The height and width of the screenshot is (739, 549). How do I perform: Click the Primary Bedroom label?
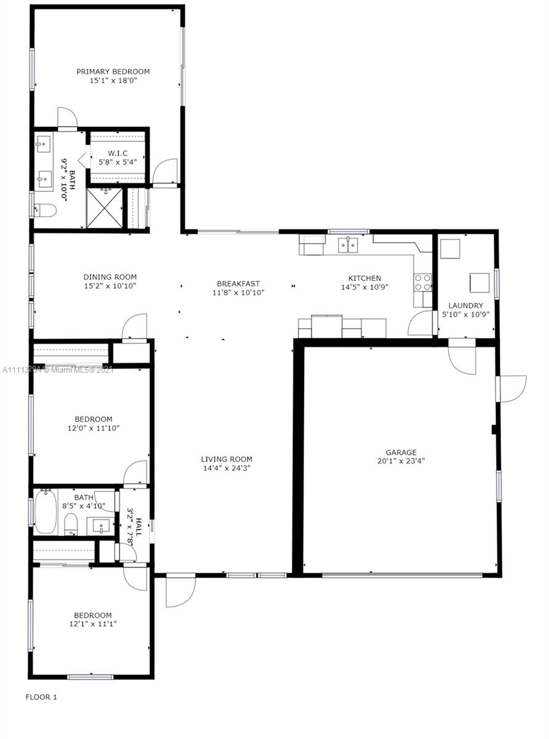point(113,71)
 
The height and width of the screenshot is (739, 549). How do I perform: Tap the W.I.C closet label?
point(118,153)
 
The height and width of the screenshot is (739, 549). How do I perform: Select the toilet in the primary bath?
point(46,210)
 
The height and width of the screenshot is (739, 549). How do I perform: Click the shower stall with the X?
point(105,208)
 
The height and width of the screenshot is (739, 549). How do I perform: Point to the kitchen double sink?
point(348,245)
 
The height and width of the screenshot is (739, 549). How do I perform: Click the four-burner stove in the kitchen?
point(422,282)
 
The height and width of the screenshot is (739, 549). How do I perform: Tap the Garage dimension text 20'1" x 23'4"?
point(401,461)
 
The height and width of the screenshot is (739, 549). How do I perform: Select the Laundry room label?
point(465,305)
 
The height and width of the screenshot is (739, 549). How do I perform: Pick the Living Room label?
point(226,459)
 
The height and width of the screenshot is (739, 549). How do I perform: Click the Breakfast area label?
point(238,283)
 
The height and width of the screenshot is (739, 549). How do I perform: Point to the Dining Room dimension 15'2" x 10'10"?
point(110,286)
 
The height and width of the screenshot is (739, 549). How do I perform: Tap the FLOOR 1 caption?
point(41,697)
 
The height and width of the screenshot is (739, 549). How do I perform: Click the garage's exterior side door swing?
point(511,389)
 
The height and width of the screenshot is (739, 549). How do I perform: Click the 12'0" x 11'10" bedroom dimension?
point(94,428)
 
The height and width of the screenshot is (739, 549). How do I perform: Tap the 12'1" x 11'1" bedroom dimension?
point(93,624)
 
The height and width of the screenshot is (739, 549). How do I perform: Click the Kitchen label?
point(364,278)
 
